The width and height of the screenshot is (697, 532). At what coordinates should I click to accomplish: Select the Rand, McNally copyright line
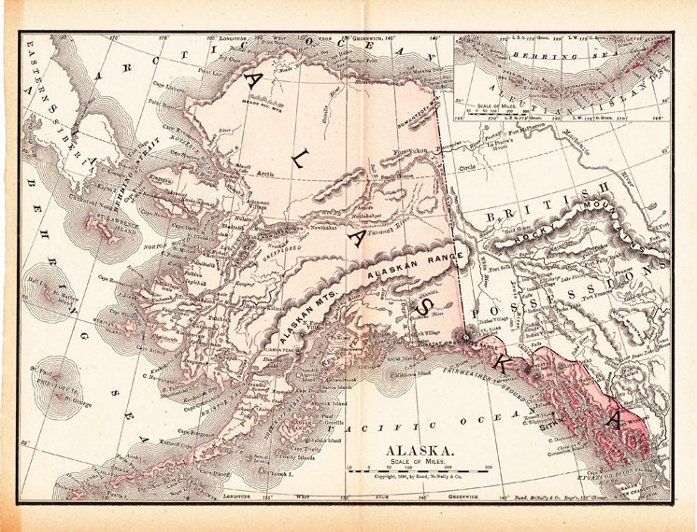(x=411, y=476)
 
